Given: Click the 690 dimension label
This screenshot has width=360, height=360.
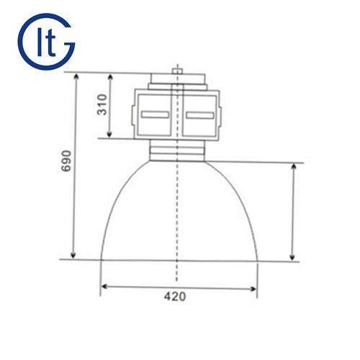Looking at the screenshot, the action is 66,161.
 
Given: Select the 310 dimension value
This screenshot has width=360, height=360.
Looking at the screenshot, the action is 102,104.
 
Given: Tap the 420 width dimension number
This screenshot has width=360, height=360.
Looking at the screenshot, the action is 175,297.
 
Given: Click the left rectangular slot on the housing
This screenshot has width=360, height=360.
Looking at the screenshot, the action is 155,114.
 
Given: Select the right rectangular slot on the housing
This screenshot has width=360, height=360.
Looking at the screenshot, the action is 200,115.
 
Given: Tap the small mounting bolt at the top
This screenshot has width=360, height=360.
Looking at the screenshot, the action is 177,71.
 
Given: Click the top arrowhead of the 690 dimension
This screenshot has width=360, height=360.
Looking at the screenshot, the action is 76,77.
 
